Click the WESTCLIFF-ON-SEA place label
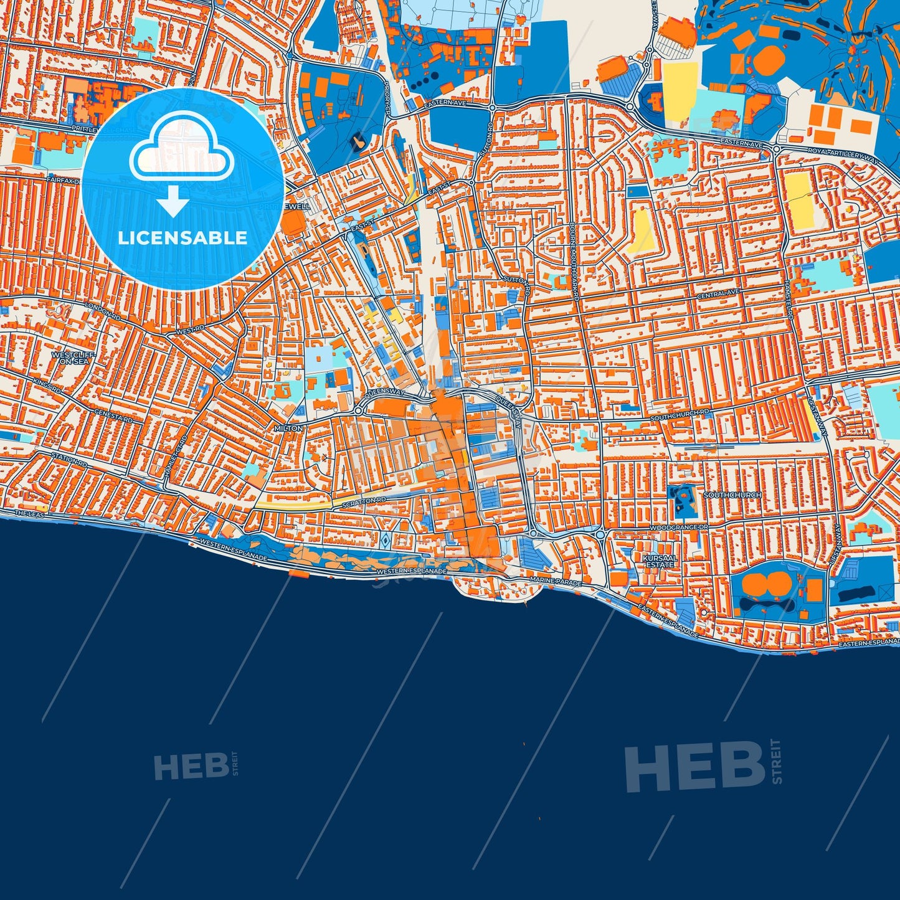coord(70,358)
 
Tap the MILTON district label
coord(288,429)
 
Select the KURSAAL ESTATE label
coord(660,561)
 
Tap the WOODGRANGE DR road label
coord(679,528)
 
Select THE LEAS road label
coord(30,514)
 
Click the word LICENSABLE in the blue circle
coord(182,238)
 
